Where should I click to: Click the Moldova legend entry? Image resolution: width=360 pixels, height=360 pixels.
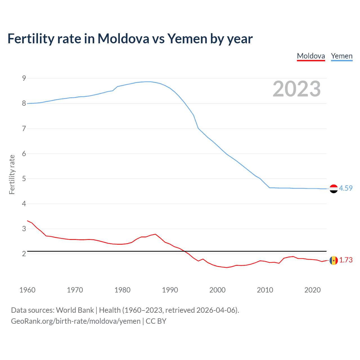point(311,56)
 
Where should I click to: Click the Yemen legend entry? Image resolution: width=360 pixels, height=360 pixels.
point(341,56)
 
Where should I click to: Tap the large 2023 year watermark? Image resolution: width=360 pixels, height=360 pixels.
point(296,89)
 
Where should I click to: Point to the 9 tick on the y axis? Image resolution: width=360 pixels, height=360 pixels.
point(24,78)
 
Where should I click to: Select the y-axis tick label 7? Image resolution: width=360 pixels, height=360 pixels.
point(24,129)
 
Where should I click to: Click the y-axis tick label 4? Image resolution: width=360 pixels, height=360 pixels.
point(24,204)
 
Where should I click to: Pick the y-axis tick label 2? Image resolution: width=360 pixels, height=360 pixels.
point(24,254)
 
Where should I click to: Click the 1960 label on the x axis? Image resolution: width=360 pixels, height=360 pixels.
point(27,290)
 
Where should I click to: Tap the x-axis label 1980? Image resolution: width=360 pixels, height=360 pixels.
point(122,290)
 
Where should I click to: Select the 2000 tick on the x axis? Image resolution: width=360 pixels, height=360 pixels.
point(217,290)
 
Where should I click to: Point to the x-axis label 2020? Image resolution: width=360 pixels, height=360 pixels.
point(312,290)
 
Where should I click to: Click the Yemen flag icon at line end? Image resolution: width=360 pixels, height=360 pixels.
point(334,189)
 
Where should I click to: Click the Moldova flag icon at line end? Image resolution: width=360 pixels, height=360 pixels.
point(334,260)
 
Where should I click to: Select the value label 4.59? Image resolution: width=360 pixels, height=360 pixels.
point(346,188)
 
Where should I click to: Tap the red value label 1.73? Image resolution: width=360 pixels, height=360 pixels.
point(346,260)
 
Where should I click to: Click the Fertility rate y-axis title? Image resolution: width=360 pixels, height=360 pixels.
point(12,174)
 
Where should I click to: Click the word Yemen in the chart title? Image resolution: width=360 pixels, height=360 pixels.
point(187,39)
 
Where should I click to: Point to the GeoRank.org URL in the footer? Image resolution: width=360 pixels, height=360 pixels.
point(76,321)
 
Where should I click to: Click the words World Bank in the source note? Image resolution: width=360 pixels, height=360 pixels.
point(75,310)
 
